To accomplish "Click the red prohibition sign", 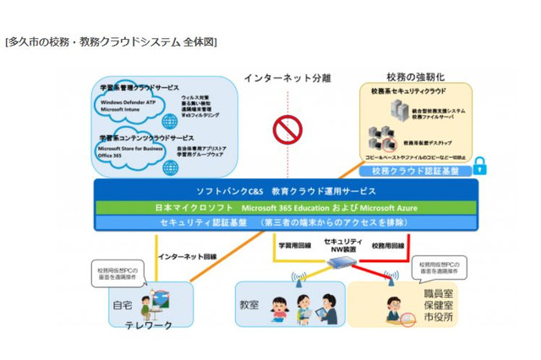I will click(287, 130).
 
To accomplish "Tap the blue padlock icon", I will click(479, 165).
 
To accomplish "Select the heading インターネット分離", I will click(287, 79).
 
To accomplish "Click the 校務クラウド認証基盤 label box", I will click(415, 171).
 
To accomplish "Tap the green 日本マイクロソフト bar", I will click(286, 207).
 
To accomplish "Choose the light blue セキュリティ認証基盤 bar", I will click(286, 222).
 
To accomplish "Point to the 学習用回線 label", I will click(293, 245).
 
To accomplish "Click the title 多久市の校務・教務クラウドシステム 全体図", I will click(111, 41).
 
